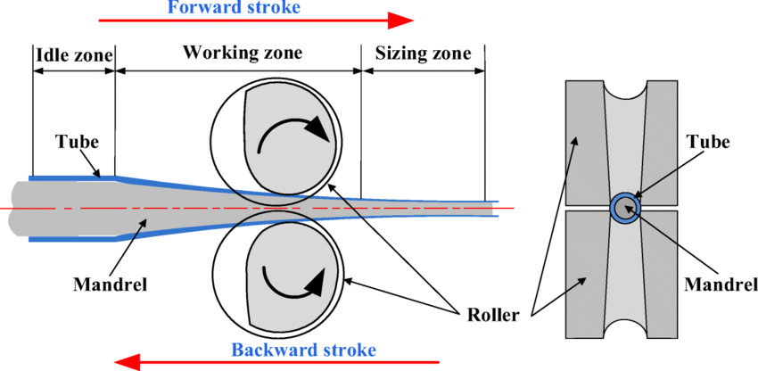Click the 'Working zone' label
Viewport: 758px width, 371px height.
coord(243,52)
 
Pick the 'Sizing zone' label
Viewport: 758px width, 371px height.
coord(423,54)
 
